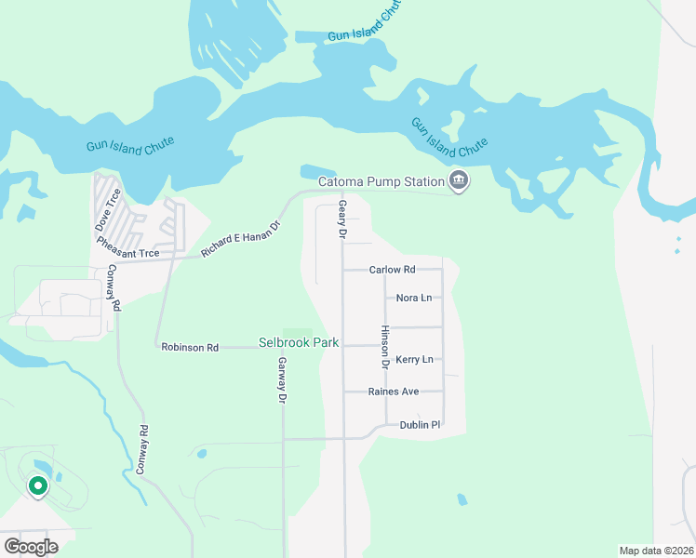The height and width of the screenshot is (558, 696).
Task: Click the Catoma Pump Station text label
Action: [x=381, y=181]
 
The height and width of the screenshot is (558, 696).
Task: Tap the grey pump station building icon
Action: [x=457, y=180]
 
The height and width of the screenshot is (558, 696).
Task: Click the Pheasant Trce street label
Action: [x=127, y=246]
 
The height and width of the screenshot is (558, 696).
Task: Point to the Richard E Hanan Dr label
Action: [x=240, y=239]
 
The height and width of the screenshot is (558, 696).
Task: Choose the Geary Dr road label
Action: [x=342, y=220]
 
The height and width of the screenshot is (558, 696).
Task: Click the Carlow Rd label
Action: [x=392, y=270]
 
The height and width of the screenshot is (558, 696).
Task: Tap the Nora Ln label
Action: [x=414, y=298]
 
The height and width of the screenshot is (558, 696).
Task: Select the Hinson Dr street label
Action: [x=383, y=344]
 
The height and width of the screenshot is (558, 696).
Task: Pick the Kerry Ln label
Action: [x=414, y=359]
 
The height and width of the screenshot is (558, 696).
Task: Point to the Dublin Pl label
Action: [x=420, y=424]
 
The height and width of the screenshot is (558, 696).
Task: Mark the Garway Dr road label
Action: [x=281, y=379]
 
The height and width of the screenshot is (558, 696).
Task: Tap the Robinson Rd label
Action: [x=190, y=347]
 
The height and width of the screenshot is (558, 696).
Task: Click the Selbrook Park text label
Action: [x=298, y=343]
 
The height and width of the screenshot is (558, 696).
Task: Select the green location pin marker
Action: [x=37, y=486]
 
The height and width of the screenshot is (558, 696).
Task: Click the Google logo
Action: [x=31, y=546]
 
